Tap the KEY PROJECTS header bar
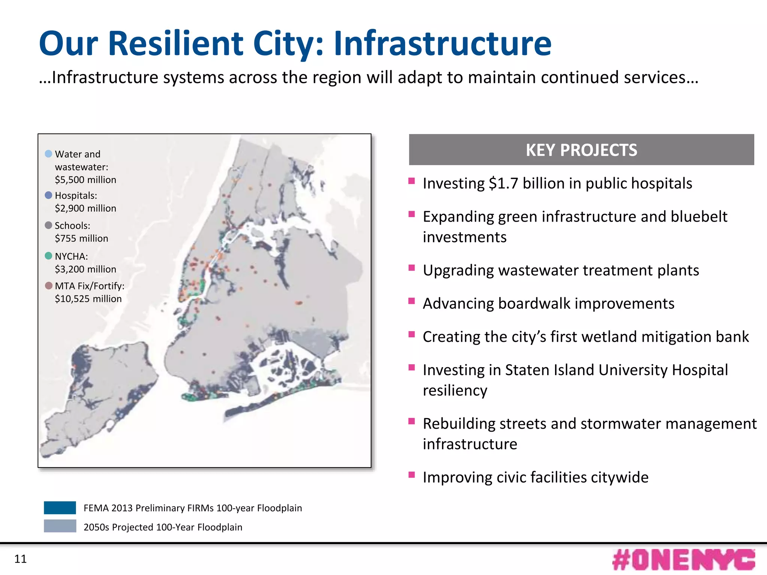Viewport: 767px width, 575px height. click(x=581, y=150)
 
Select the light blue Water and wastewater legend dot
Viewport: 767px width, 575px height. click(x=48, y=153)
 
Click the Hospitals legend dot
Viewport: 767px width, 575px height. click(x=48, y=195)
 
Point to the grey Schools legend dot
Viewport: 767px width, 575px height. click(x=48, y=225)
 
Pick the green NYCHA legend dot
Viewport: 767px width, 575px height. click(x=48, y=256)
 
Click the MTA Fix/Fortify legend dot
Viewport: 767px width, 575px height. click(x=48, y=286)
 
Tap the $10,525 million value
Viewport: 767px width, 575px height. click(x=88, y=299)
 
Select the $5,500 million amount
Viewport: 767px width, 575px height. click(x=85, y=180)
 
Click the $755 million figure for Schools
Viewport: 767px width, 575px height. click(x=81, y=238)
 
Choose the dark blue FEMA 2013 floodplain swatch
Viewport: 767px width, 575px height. click(x=60, y=508)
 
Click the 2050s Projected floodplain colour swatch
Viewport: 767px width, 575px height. click(x=60, y=526)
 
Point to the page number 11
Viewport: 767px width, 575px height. click(x=20, y=559)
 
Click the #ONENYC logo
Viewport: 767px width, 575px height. click(x=683, y=560)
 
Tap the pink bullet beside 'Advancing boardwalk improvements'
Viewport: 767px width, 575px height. click(x=412, y=301)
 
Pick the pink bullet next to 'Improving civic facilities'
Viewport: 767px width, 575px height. click(x=412, y=475)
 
